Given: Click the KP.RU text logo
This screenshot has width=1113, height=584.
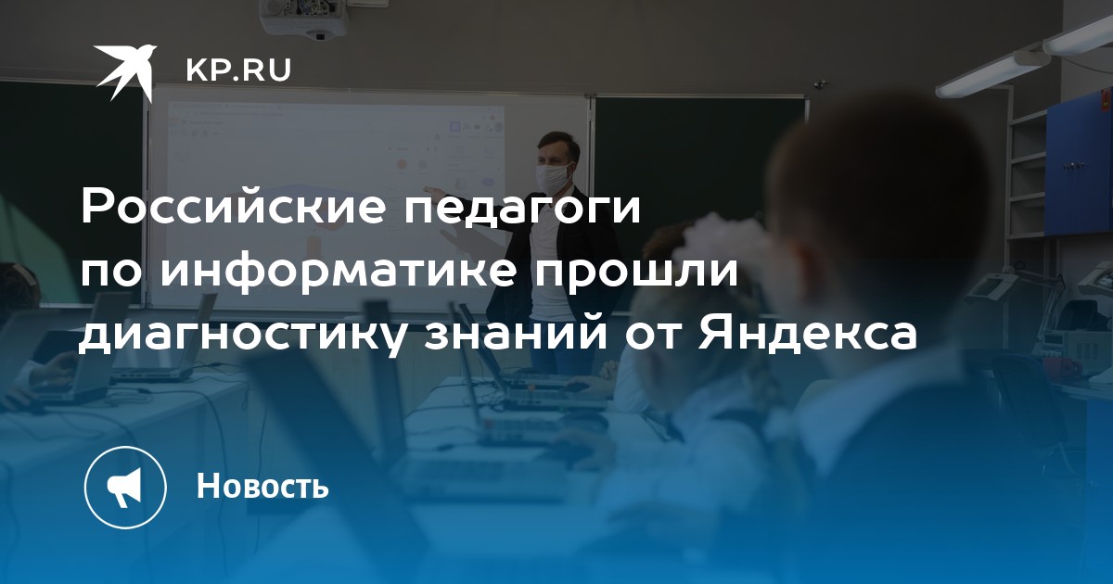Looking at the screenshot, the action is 238,70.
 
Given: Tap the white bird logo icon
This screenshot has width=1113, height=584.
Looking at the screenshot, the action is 125,71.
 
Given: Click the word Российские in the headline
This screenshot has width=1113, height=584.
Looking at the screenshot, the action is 234,208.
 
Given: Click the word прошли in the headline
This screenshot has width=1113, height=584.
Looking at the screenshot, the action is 636,273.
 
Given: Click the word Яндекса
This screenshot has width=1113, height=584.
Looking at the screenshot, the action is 806,336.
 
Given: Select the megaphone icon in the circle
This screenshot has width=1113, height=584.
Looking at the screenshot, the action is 125,488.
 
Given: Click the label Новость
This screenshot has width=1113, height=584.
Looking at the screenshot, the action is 262,485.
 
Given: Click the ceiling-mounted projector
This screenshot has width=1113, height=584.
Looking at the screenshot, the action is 303,19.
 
